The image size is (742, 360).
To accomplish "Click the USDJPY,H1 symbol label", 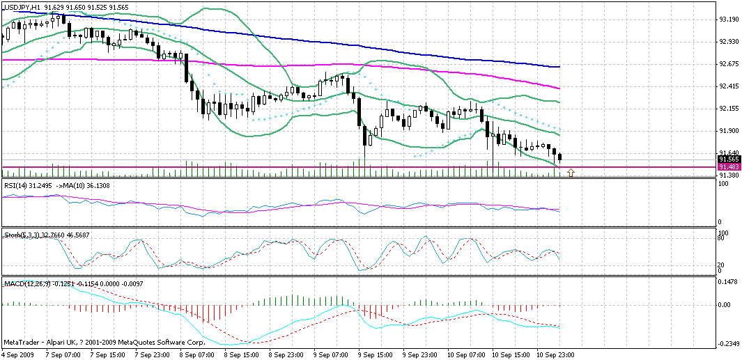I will coord(21,6).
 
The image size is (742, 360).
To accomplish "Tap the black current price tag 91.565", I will coord(729,159).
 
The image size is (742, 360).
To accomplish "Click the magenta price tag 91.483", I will coord(729,167).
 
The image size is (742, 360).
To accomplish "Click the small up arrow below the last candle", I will coord(571,172).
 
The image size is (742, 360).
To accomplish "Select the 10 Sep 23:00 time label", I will coord(555,354).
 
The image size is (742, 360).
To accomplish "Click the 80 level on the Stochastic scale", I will coord(722,238).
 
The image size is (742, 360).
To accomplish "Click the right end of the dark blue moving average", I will coord(559,67).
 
